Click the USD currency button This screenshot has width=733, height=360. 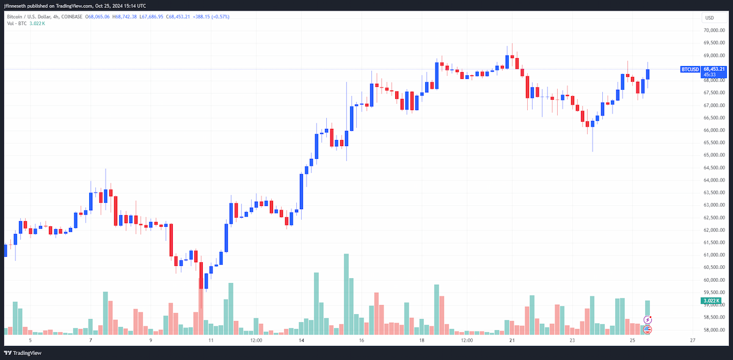tap(714, 18)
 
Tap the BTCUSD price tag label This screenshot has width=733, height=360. tap(690, 70)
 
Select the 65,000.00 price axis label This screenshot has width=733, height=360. tap(714, 155)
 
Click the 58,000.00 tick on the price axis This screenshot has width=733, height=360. tap(714, 330)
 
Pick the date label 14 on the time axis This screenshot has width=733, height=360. tap(301, 340)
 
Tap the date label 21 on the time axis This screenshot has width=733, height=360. tap(512, 340)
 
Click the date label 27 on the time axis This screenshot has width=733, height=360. tap(693, 340)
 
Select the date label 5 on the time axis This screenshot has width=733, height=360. tap(31, 340)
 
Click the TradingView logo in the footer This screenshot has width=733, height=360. tap(23, 353)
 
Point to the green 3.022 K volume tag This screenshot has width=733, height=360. tap(711, 301)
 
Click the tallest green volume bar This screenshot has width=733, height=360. tap(346, 294)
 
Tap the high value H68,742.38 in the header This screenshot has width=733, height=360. tap(125, 17)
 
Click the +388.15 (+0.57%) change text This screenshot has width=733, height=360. tap(211, 17)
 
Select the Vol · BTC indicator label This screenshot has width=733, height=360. tap(16, 24)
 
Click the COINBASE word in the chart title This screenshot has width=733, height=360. tap(71, 17)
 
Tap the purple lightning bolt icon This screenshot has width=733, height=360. tap(647, 320)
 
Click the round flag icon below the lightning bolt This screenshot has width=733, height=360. tap(647, 329)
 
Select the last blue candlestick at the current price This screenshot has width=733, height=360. tap(647, 75)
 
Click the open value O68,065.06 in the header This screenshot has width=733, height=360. tap(97, 17)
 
